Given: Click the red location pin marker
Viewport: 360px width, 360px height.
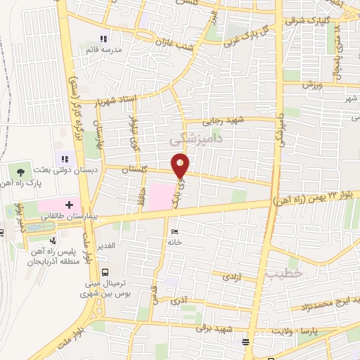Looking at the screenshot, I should point(181,166).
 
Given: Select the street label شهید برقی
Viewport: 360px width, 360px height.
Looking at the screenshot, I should point(212,327).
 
